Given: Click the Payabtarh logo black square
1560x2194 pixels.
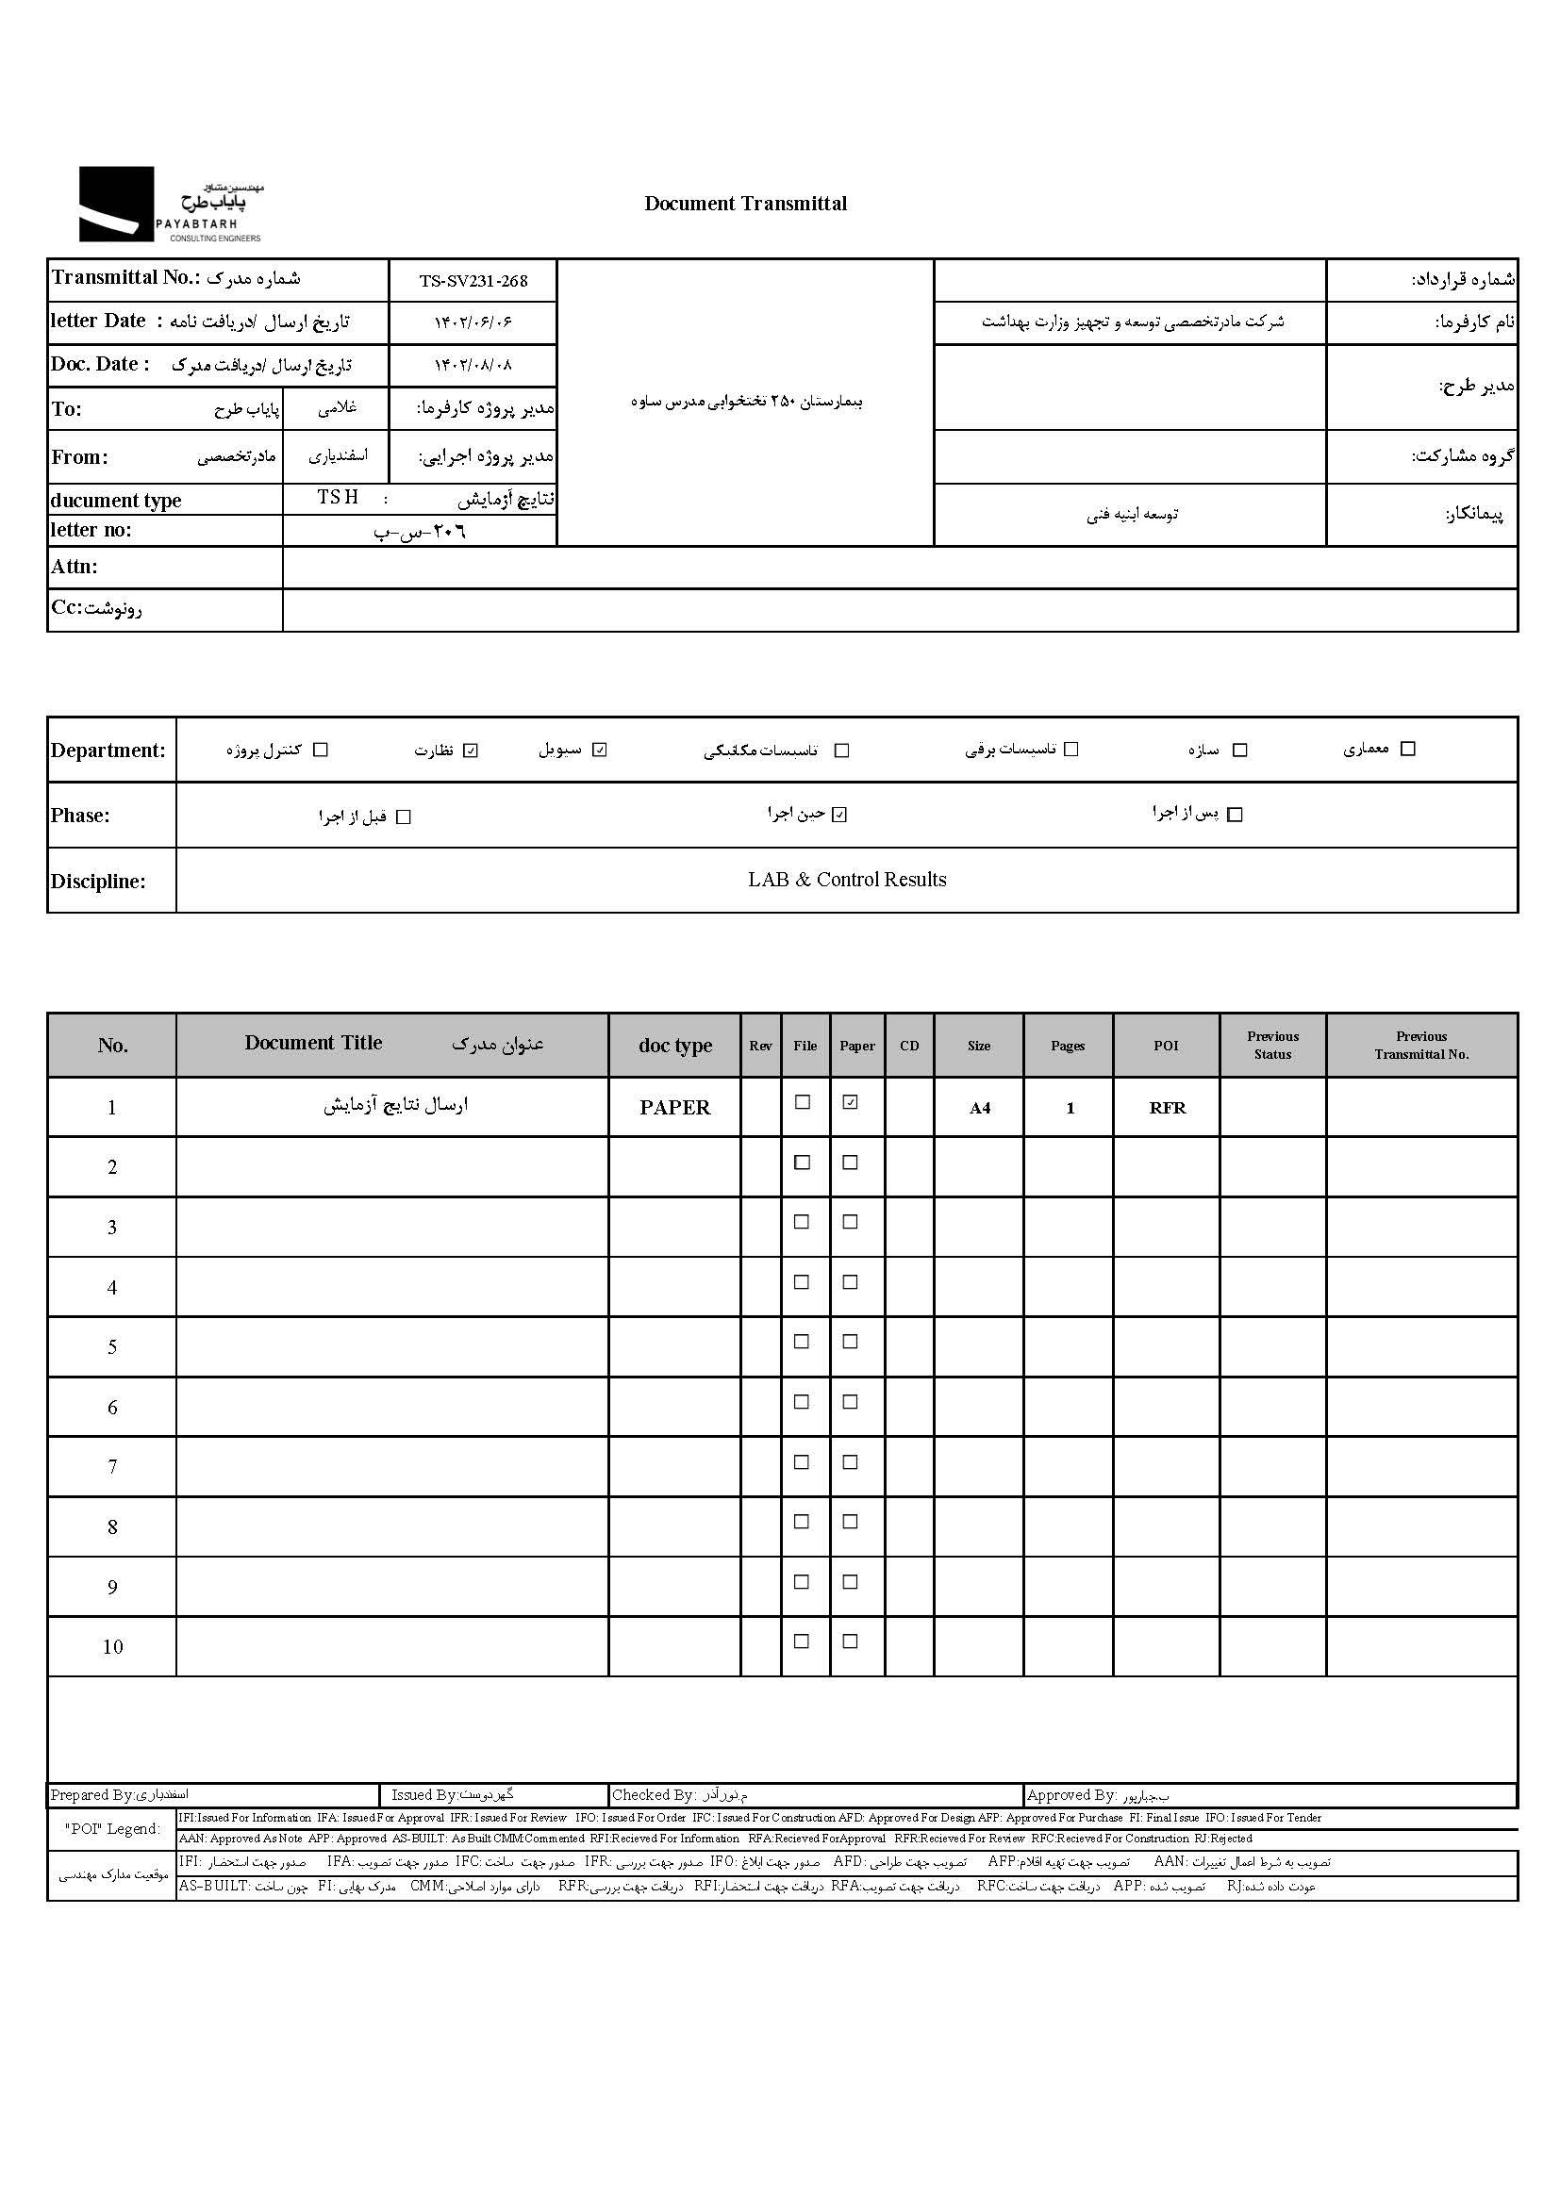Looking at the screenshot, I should [x=115, y=204].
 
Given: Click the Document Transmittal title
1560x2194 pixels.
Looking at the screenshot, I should [x=745, y=204].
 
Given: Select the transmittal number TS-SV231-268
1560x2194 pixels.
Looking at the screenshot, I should [x=473, y=281].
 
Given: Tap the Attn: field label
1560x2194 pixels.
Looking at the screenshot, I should [x=74, y=567].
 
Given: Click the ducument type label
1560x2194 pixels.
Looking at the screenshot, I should [x=116, y=501].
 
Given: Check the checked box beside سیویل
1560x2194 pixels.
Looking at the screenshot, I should [x=600, y=750].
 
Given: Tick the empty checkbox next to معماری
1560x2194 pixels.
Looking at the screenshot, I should [x=1408, y=749].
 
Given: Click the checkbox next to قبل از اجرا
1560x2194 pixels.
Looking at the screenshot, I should [x=404, y=817].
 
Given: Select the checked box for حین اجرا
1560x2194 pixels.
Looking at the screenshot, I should [x=839, y=816].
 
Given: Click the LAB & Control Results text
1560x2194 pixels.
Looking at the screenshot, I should [x=846, y=880].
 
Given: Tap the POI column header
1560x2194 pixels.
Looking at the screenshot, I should [x=1165, y=1046].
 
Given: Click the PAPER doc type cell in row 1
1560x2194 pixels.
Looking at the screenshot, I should [x=674, y=1107].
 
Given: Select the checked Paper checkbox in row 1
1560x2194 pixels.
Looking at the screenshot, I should [x=850, y=1102].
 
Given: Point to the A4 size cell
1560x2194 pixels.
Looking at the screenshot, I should [x=979, y=1108].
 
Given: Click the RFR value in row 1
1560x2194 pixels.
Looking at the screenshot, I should [x=1167, y=1108].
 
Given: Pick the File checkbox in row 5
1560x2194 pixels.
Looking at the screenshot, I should [x=802, y=1342].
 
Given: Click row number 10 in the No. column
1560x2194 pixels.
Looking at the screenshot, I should [x=112, y=1647].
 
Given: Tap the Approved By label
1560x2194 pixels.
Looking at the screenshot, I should [x=1071, y=1794].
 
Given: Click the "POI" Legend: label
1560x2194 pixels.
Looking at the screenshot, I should [x=112, y=1828].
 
